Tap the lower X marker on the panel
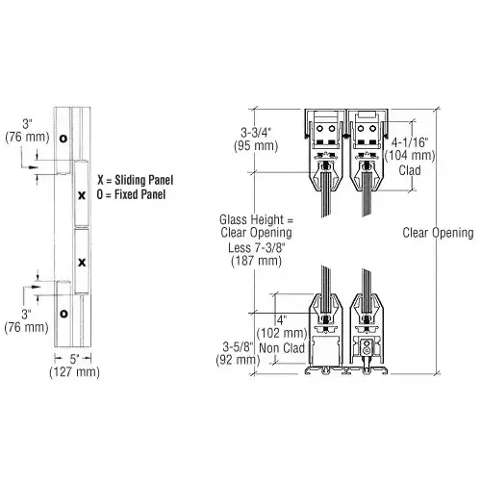pyautogui.click(x=82, y=262)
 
